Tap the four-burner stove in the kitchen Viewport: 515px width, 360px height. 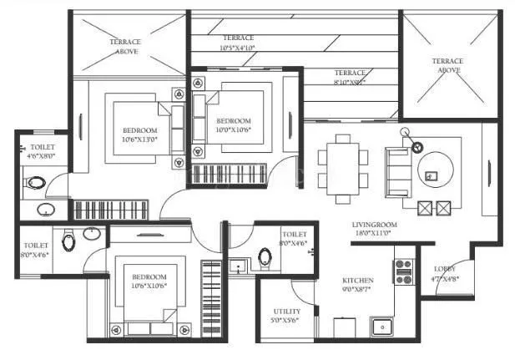[x=403, y=271]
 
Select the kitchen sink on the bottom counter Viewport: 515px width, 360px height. [x=383, y=326]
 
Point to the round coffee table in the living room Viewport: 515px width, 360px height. [x=433, y=171]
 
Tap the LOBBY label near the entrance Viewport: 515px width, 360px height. [x=444, y=269]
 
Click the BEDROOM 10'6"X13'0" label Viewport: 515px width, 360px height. [x=139, y=131]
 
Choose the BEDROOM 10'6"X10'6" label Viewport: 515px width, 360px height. [x=149, y=276]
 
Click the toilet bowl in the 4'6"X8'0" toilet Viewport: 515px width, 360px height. [x=36, y=181]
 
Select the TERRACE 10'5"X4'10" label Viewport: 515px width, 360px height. [x=239, y=38]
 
